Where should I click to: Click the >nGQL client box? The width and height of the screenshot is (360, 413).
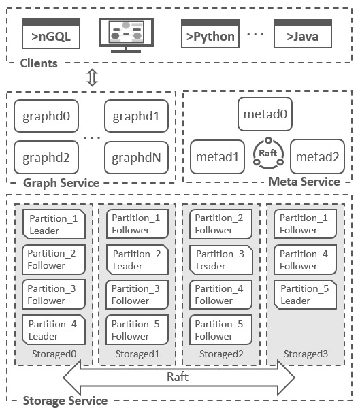pyautogui.click(x=51, y=34)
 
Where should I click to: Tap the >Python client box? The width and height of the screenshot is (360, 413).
pyautogui.click(x=210, y=34)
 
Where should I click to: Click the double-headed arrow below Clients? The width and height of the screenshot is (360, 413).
pyautogui.click(x=93, y=77)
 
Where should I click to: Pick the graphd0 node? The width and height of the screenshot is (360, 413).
pyautogui.click(x=46, y=116)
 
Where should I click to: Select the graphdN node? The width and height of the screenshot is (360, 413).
pyautogui.click(x=136, y=158)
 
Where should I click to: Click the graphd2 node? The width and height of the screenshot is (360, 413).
pyautogui.click(x=46, y=158)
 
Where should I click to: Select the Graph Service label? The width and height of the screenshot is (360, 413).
pyautogui.click(x=61, y=183)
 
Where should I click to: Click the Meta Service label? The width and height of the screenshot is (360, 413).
pyautogui.click(x=304, y=182)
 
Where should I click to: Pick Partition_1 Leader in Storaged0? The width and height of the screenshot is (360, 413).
pyautogui.click(x=53, y=224)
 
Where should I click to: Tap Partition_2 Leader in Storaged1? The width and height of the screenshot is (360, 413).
pyautogui.click(x=136, y=259)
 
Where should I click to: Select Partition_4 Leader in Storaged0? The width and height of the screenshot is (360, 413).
pyautogui.click(x=53, y=330)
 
